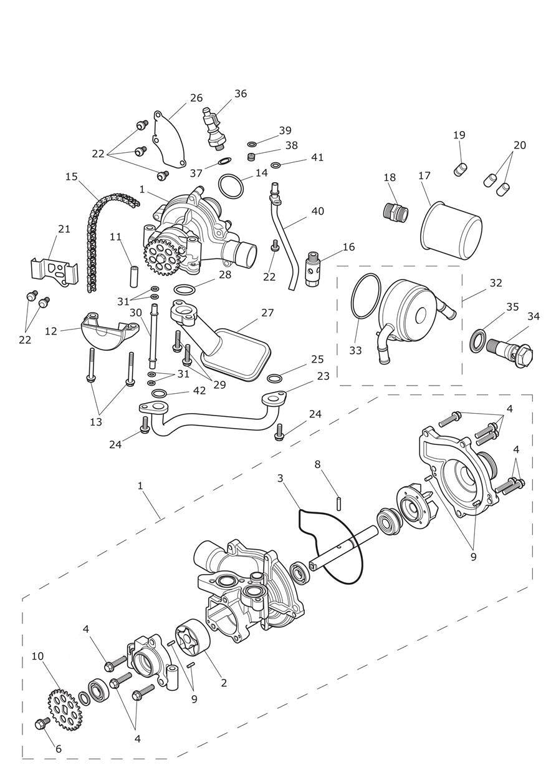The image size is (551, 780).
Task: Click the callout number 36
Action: pyautogui.click(x=241, y=94)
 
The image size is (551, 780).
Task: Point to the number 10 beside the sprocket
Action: pyautogui.click(x=37, y=656)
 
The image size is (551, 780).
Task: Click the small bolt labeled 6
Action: pyautogui.click(x=43, y=723)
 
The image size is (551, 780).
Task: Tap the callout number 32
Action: pyautogui.click(x=496, y=283)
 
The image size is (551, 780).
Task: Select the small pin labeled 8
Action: pyautogui.click(x=339, y=502)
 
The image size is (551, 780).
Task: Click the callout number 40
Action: pyautogui.click(x=317, y=212)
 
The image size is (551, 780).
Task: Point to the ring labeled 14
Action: pyautogui.click(x=232, y=185)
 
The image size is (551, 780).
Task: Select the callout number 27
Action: pyautogui.click(x=267, y=313)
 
